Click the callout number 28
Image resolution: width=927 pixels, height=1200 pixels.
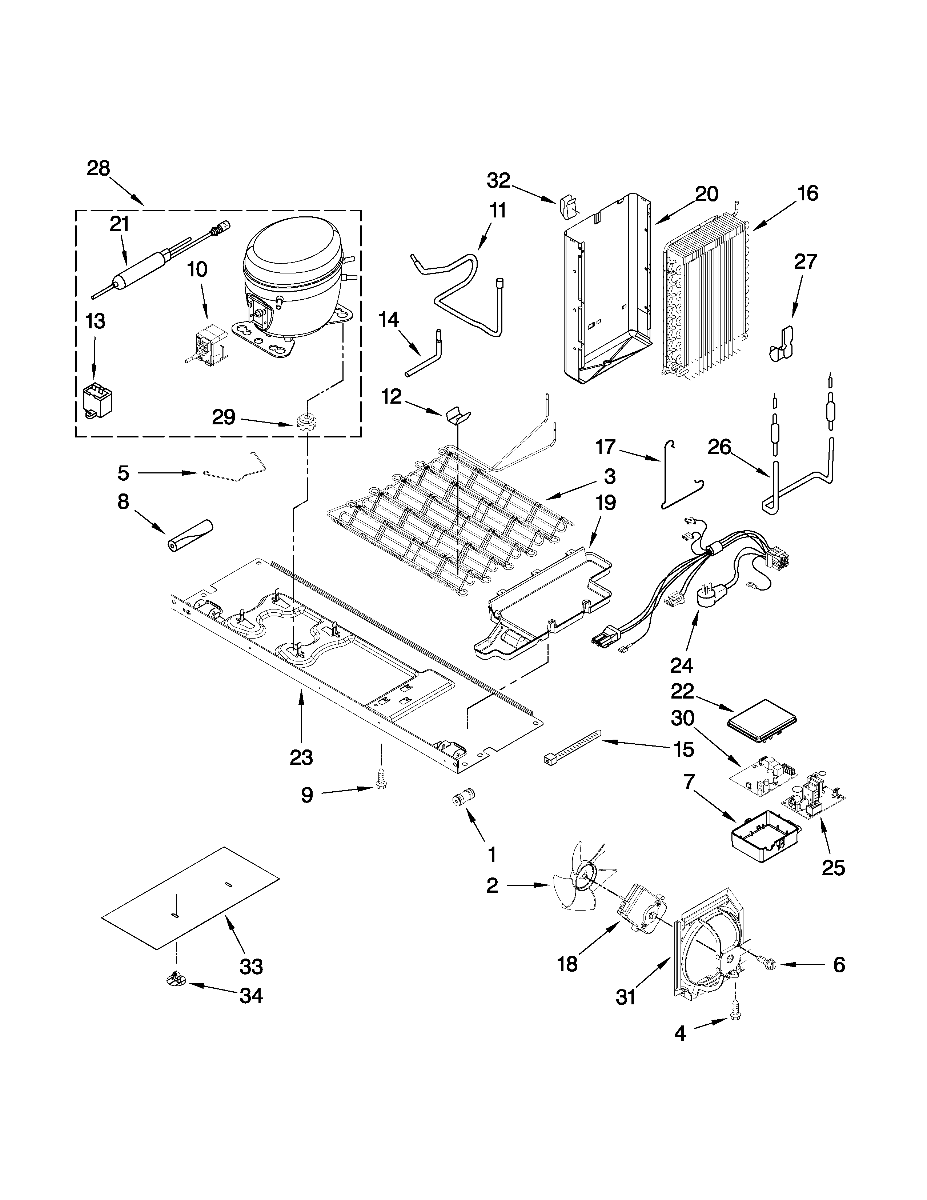coord(98,168)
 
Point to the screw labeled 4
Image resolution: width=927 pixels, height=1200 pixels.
coord(734,1020)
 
